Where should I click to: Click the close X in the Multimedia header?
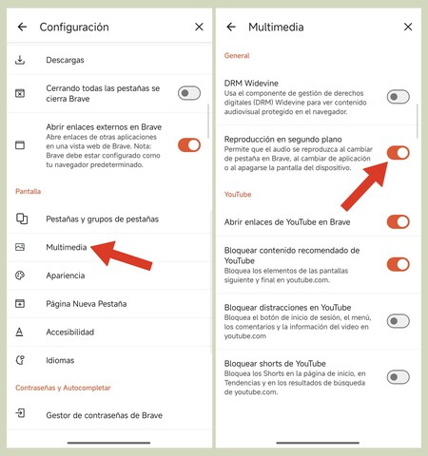coord(408,28)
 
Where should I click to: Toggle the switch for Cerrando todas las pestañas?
coord(189,92)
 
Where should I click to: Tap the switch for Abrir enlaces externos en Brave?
coord(189,144)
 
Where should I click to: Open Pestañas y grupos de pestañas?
coord(102,218)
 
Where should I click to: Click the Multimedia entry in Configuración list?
coord(67,247)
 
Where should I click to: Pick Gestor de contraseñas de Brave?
coord(104,414)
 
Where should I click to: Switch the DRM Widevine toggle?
coord(398,97)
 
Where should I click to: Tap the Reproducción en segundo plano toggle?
coord(398,153)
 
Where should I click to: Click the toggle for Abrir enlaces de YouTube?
coord(398,222)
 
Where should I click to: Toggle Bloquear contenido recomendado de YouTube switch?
coord(398,264)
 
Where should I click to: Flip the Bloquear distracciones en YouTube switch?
coord(398,321)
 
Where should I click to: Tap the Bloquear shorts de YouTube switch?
coord(398,377)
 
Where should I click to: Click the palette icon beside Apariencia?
coord(21,275)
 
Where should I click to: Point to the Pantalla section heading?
coord(28,192)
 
